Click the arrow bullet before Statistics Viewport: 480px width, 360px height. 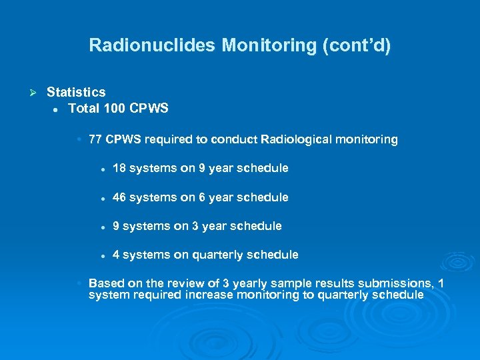[x=31, y=91]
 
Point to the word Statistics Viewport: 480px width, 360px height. [x=76, y=91]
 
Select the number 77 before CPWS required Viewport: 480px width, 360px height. [x=95, y=139]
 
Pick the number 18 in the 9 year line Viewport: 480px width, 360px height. [x=119, y=168]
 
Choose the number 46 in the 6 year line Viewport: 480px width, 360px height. [x=119, y=197]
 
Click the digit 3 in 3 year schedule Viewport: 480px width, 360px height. [x=196, y=226]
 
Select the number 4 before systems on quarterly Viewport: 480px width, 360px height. [x=117, y=255]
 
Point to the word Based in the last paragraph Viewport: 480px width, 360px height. [x=105, y=283]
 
